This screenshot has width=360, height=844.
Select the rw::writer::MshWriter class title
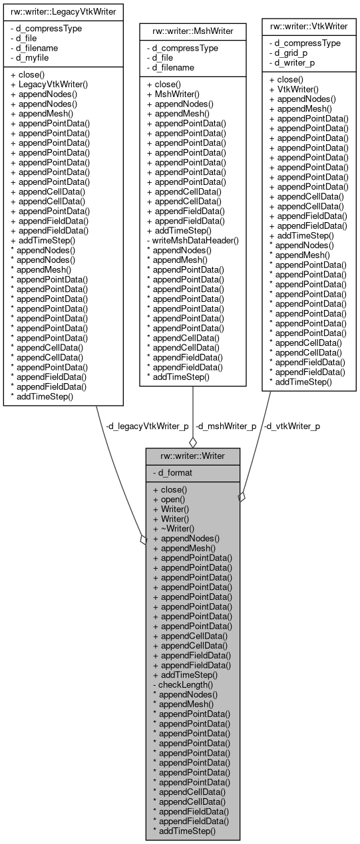point(192,30)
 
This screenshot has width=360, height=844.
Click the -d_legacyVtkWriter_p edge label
point(147,426)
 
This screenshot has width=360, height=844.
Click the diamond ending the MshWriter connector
point(193,442)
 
